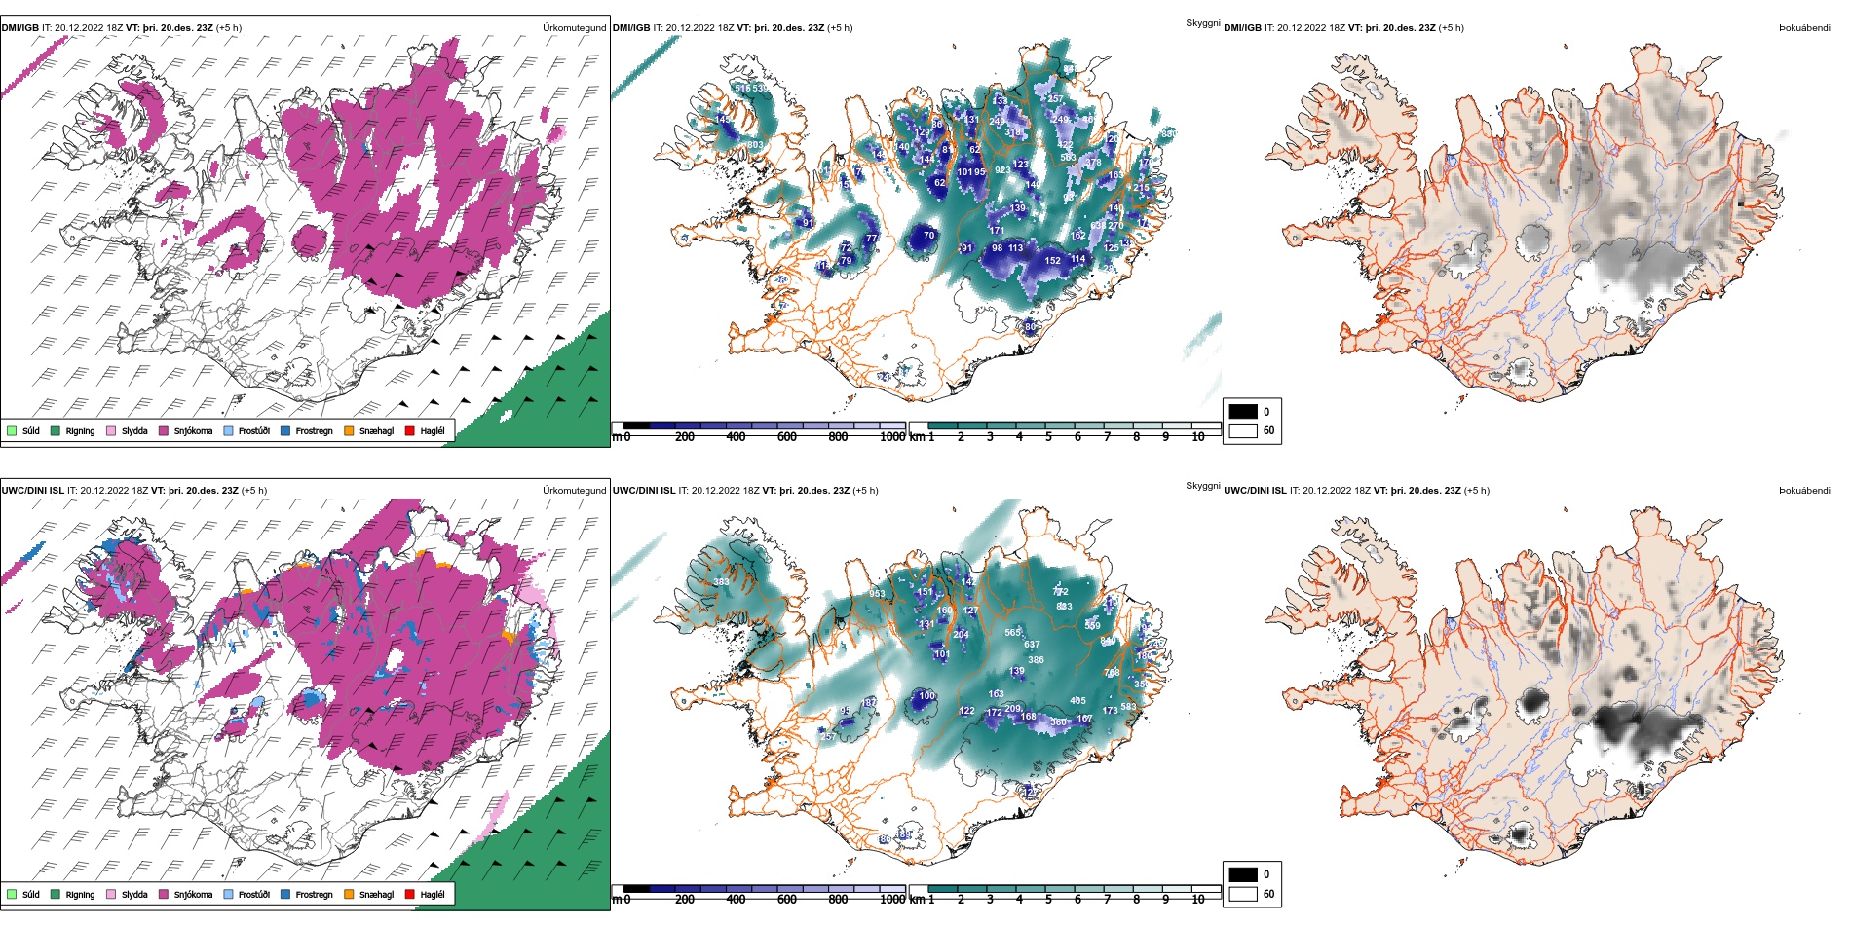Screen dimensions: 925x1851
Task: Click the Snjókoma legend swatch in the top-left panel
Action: [x=164, y=430]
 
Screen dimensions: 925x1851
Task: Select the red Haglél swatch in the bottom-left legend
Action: [x=410, y=894]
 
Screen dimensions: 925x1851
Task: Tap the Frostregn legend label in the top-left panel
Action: [x=314, y=431]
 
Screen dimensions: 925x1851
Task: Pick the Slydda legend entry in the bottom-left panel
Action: [x=134, y=894]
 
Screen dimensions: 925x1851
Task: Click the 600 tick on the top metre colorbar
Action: [x=787, y=437]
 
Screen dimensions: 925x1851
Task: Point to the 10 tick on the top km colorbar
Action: [x=1198, y=437]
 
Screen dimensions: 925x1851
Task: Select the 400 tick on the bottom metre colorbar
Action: [x=736, y=900]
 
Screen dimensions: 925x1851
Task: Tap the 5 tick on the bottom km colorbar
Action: [x=1048, y=900]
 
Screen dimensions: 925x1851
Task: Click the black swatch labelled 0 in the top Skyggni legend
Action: [x=1243, y=412]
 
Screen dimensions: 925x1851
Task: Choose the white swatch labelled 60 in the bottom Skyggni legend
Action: [x=1243, y=894]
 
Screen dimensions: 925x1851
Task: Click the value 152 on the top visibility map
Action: [x=1053, y=261]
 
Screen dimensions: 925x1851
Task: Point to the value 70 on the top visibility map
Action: [x=928, y=236]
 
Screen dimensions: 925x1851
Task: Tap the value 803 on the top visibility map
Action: [x=755, y=145]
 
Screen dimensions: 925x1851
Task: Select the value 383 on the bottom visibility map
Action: [x=721, y=582]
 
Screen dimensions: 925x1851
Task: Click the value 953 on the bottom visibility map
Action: [x=878, y=594]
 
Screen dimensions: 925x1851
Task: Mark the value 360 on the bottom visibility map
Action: [x=1058, y=722]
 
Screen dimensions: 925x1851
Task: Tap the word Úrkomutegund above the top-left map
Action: [x=574, y=28]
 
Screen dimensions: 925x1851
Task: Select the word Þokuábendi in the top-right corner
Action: [x=1804, y=28]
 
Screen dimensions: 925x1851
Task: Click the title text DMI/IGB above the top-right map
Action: [x=1242, y=28]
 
